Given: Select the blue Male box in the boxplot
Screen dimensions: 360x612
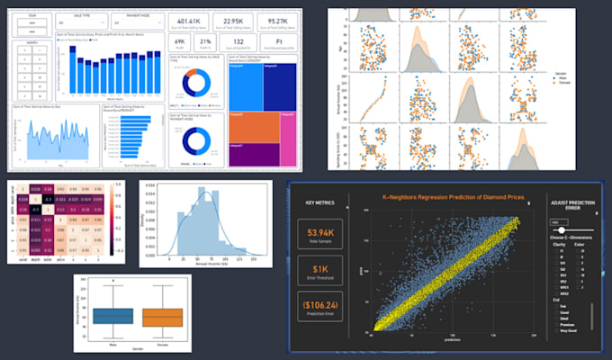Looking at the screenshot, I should [x=112, y=317].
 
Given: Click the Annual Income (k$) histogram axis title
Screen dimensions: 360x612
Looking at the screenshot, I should [x=206, y=264].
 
